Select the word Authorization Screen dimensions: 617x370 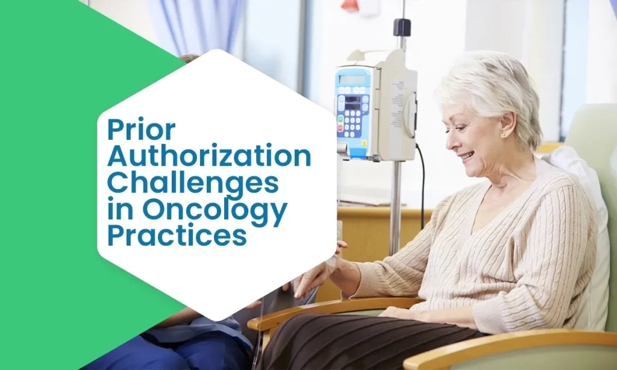209,156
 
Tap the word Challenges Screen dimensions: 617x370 193,182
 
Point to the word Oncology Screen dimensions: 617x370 215,210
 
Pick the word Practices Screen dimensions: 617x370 177,236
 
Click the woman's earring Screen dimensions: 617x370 503,135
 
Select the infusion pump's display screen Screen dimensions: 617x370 352,79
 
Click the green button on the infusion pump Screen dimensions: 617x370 340,119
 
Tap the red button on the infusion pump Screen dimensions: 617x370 340,128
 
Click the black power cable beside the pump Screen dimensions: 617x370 421,185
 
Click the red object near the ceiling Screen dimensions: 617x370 351,5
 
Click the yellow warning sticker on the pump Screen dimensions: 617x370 364,143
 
